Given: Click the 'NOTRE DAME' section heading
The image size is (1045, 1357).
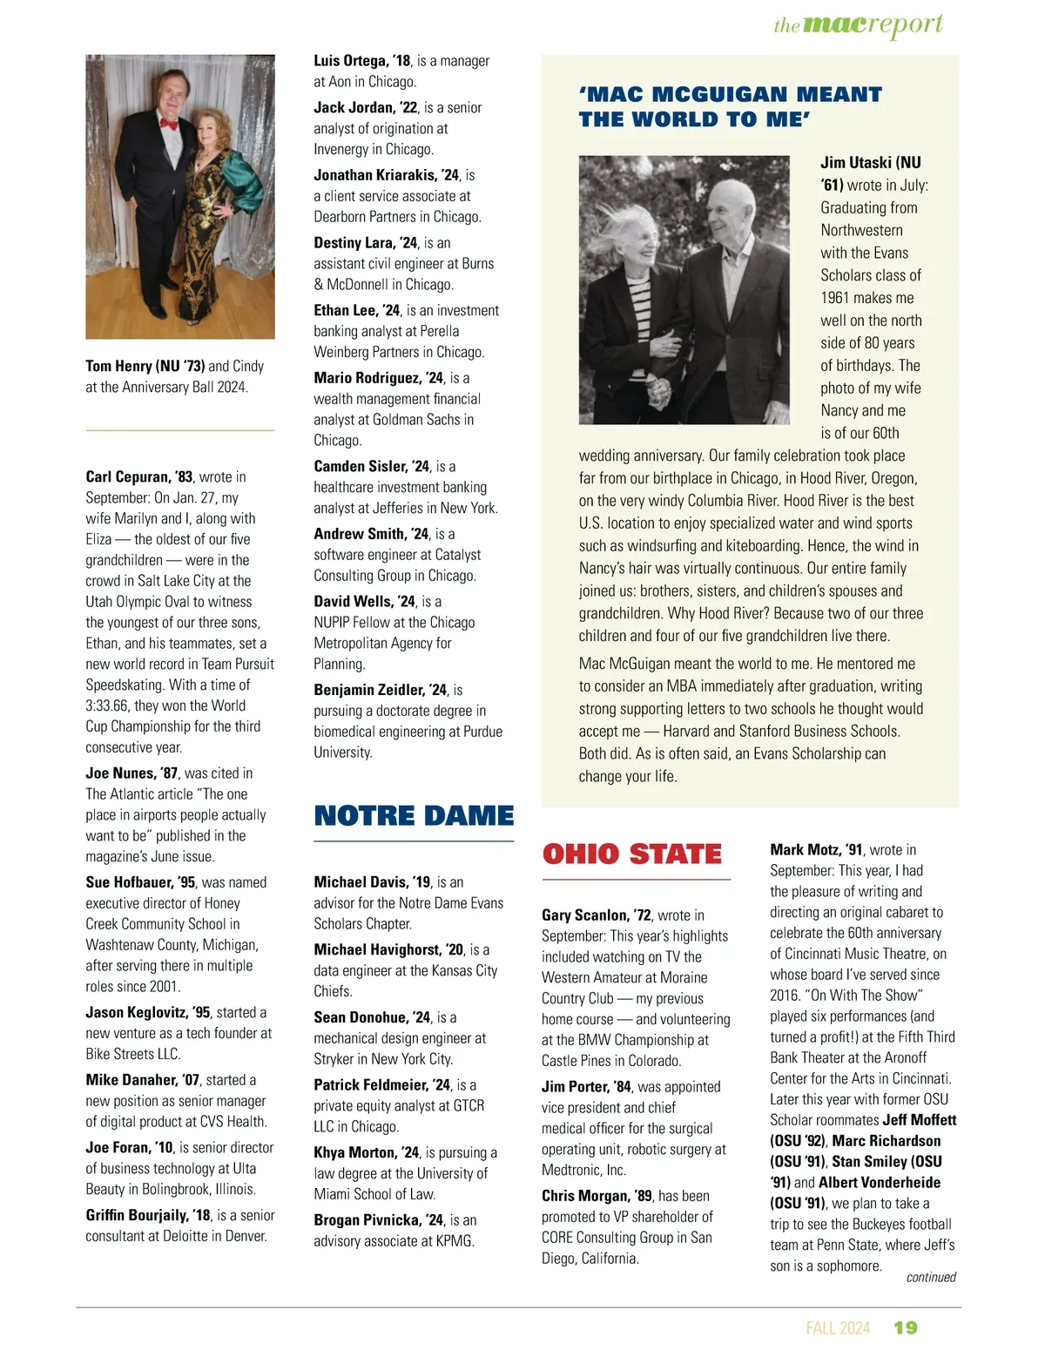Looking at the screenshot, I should click(414, 816).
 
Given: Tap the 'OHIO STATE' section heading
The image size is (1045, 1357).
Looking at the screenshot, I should click(632, 854).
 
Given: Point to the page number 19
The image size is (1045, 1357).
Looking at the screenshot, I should click(906, 1327).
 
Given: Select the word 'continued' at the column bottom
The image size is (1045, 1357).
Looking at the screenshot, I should click(931, 1277).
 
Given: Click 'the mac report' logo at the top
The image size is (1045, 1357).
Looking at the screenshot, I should click(858, 25).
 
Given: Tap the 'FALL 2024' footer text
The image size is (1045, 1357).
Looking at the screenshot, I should click(838, 1327).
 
